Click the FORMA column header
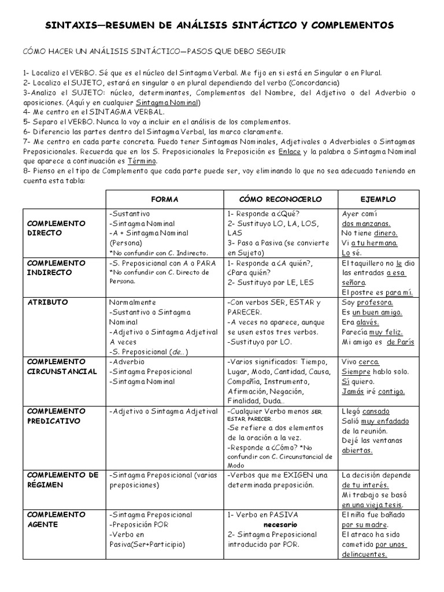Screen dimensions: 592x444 (165, 199)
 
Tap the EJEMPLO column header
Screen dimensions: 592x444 (378, 199)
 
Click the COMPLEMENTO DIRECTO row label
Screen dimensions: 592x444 (56, 227)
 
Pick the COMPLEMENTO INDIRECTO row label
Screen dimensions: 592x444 (56, 268)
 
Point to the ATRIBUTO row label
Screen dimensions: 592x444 (47, 302)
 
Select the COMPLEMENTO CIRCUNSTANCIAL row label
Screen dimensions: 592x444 (62, 366)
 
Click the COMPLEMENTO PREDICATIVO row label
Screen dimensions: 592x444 (56, 416)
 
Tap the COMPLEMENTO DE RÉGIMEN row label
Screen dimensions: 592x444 (63, 480)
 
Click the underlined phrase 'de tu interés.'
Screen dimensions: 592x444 (365, 485)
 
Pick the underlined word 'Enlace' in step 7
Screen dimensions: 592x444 (289, 151)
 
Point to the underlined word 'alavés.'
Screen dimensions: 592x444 (368, 322)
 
